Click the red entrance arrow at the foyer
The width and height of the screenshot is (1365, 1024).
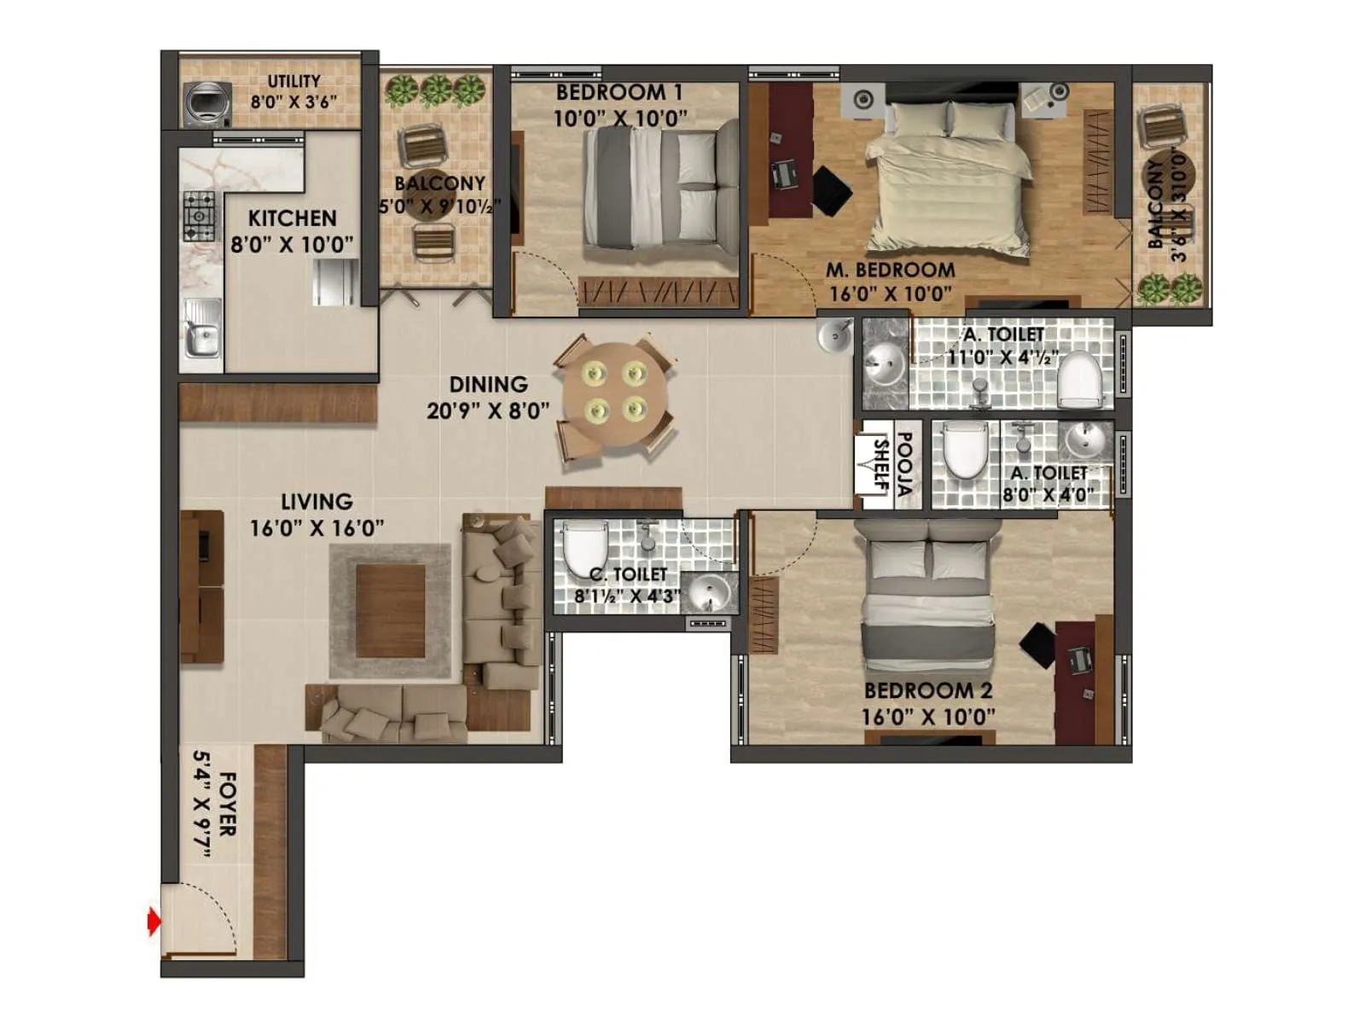[154, 922]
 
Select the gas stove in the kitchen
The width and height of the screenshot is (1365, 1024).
[200, 215]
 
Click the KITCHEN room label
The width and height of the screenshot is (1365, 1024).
[292, 218]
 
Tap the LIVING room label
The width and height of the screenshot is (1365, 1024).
[317, 502]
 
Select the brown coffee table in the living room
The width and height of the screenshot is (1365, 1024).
[390, 611]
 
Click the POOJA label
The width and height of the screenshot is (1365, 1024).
[905, 465]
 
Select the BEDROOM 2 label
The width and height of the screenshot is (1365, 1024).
[928, 690]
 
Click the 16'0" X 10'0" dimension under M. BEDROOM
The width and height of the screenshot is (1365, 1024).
[890, 294]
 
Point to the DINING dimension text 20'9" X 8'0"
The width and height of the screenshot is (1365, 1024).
[488, 411]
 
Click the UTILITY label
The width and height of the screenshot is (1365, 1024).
[294, 81]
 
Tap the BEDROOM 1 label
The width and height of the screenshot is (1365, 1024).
[619, 92]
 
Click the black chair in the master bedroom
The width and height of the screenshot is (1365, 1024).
[831, 190]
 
